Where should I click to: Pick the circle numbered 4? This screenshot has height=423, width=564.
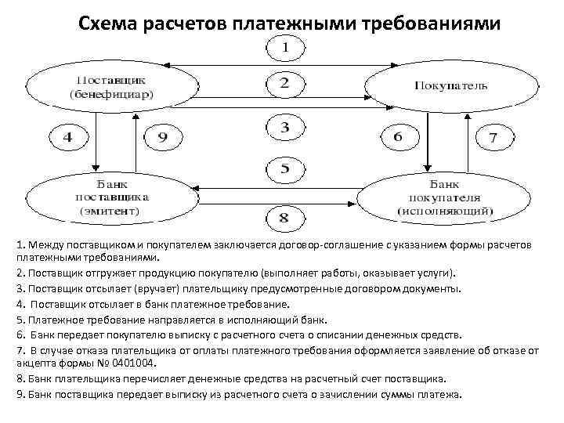67,137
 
